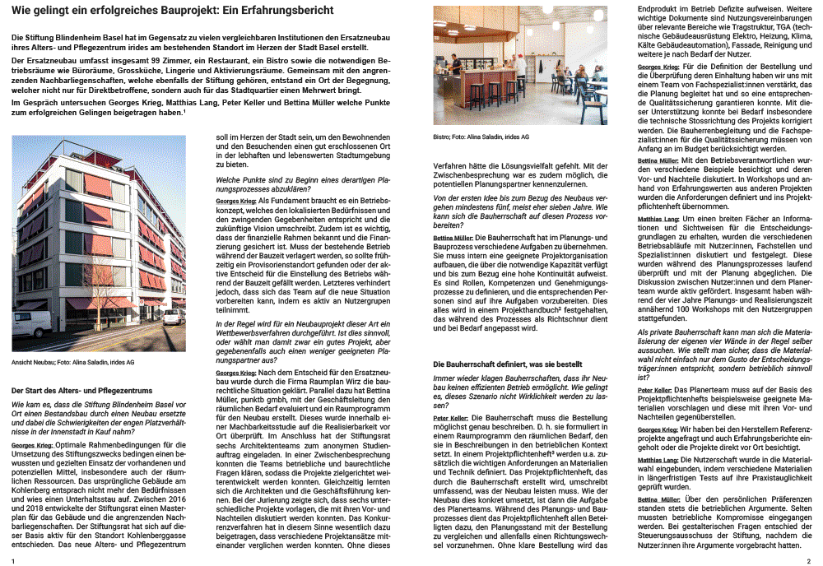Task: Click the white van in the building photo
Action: click(x=32, y=322)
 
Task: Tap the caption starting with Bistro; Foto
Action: click(x=481, y=137)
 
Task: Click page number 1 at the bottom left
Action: click(x=14, y=559)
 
